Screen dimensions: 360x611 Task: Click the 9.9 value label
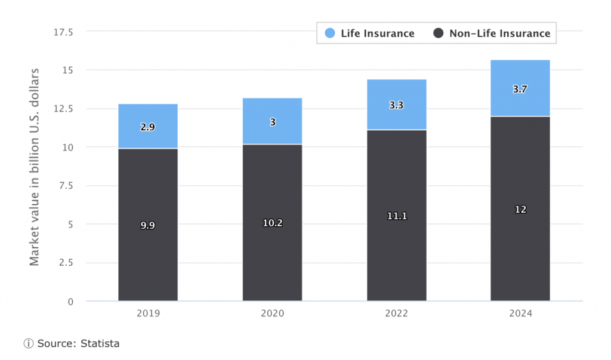147,226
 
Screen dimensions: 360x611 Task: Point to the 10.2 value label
272,223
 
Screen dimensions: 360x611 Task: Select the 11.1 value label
396,216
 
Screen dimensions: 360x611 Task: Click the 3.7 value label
520,89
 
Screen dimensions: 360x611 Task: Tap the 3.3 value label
396,105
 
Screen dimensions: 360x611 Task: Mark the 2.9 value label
147,127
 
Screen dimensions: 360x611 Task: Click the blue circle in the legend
330,33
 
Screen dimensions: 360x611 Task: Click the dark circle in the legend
439,33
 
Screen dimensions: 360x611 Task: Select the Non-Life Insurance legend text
499,33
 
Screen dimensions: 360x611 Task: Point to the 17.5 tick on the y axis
63,32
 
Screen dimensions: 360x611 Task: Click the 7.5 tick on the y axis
66,186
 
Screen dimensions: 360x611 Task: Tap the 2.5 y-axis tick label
66,263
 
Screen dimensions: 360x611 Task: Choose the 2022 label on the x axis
396,313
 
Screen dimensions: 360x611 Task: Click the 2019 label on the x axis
147,313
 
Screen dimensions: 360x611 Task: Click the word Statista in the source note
101,343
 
